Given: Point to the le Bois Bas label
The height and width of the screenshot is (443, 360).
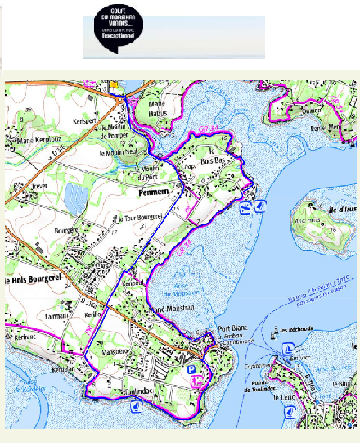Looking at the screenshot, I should point(215,154).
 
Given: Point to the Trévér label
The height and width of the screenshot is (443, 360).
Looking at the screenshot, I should point(35,186).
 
